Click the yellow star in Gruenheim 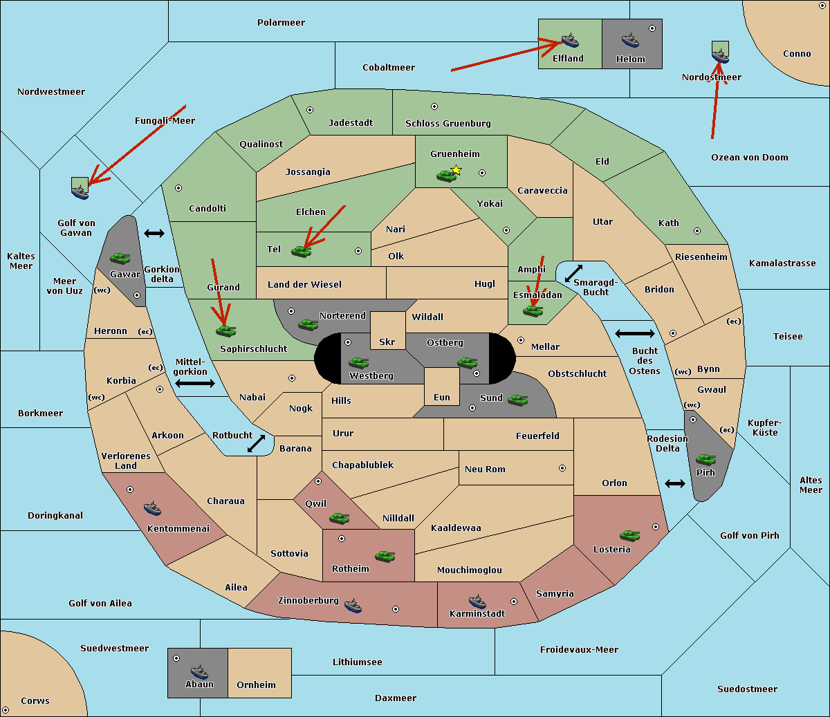point(456,170)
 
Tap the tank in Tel point(302,251)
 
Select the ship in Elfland point(569,41)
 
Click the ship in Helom point(630,40)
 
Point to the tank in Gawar point(120,258)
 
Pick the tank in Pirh point(706,460)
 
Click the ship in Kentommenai point(153,509)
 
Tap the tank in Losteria point(629,535)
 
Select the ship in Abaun point(199,671)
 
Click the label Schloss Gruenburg point(448,124)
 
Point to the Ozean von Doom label point(749,158)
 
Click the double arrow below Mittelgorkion point(195,383)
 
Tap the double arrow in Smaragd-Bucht point(574,273)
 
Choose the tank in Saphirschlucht point(225,330)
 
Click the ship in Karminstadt point(477,601)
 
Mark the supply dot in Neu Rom point(562,468)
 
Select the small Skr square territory point(387,330)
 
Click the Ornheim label point(256,685)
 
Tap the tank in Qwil point(339,518)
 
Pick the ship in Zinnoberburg point(353,606)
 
